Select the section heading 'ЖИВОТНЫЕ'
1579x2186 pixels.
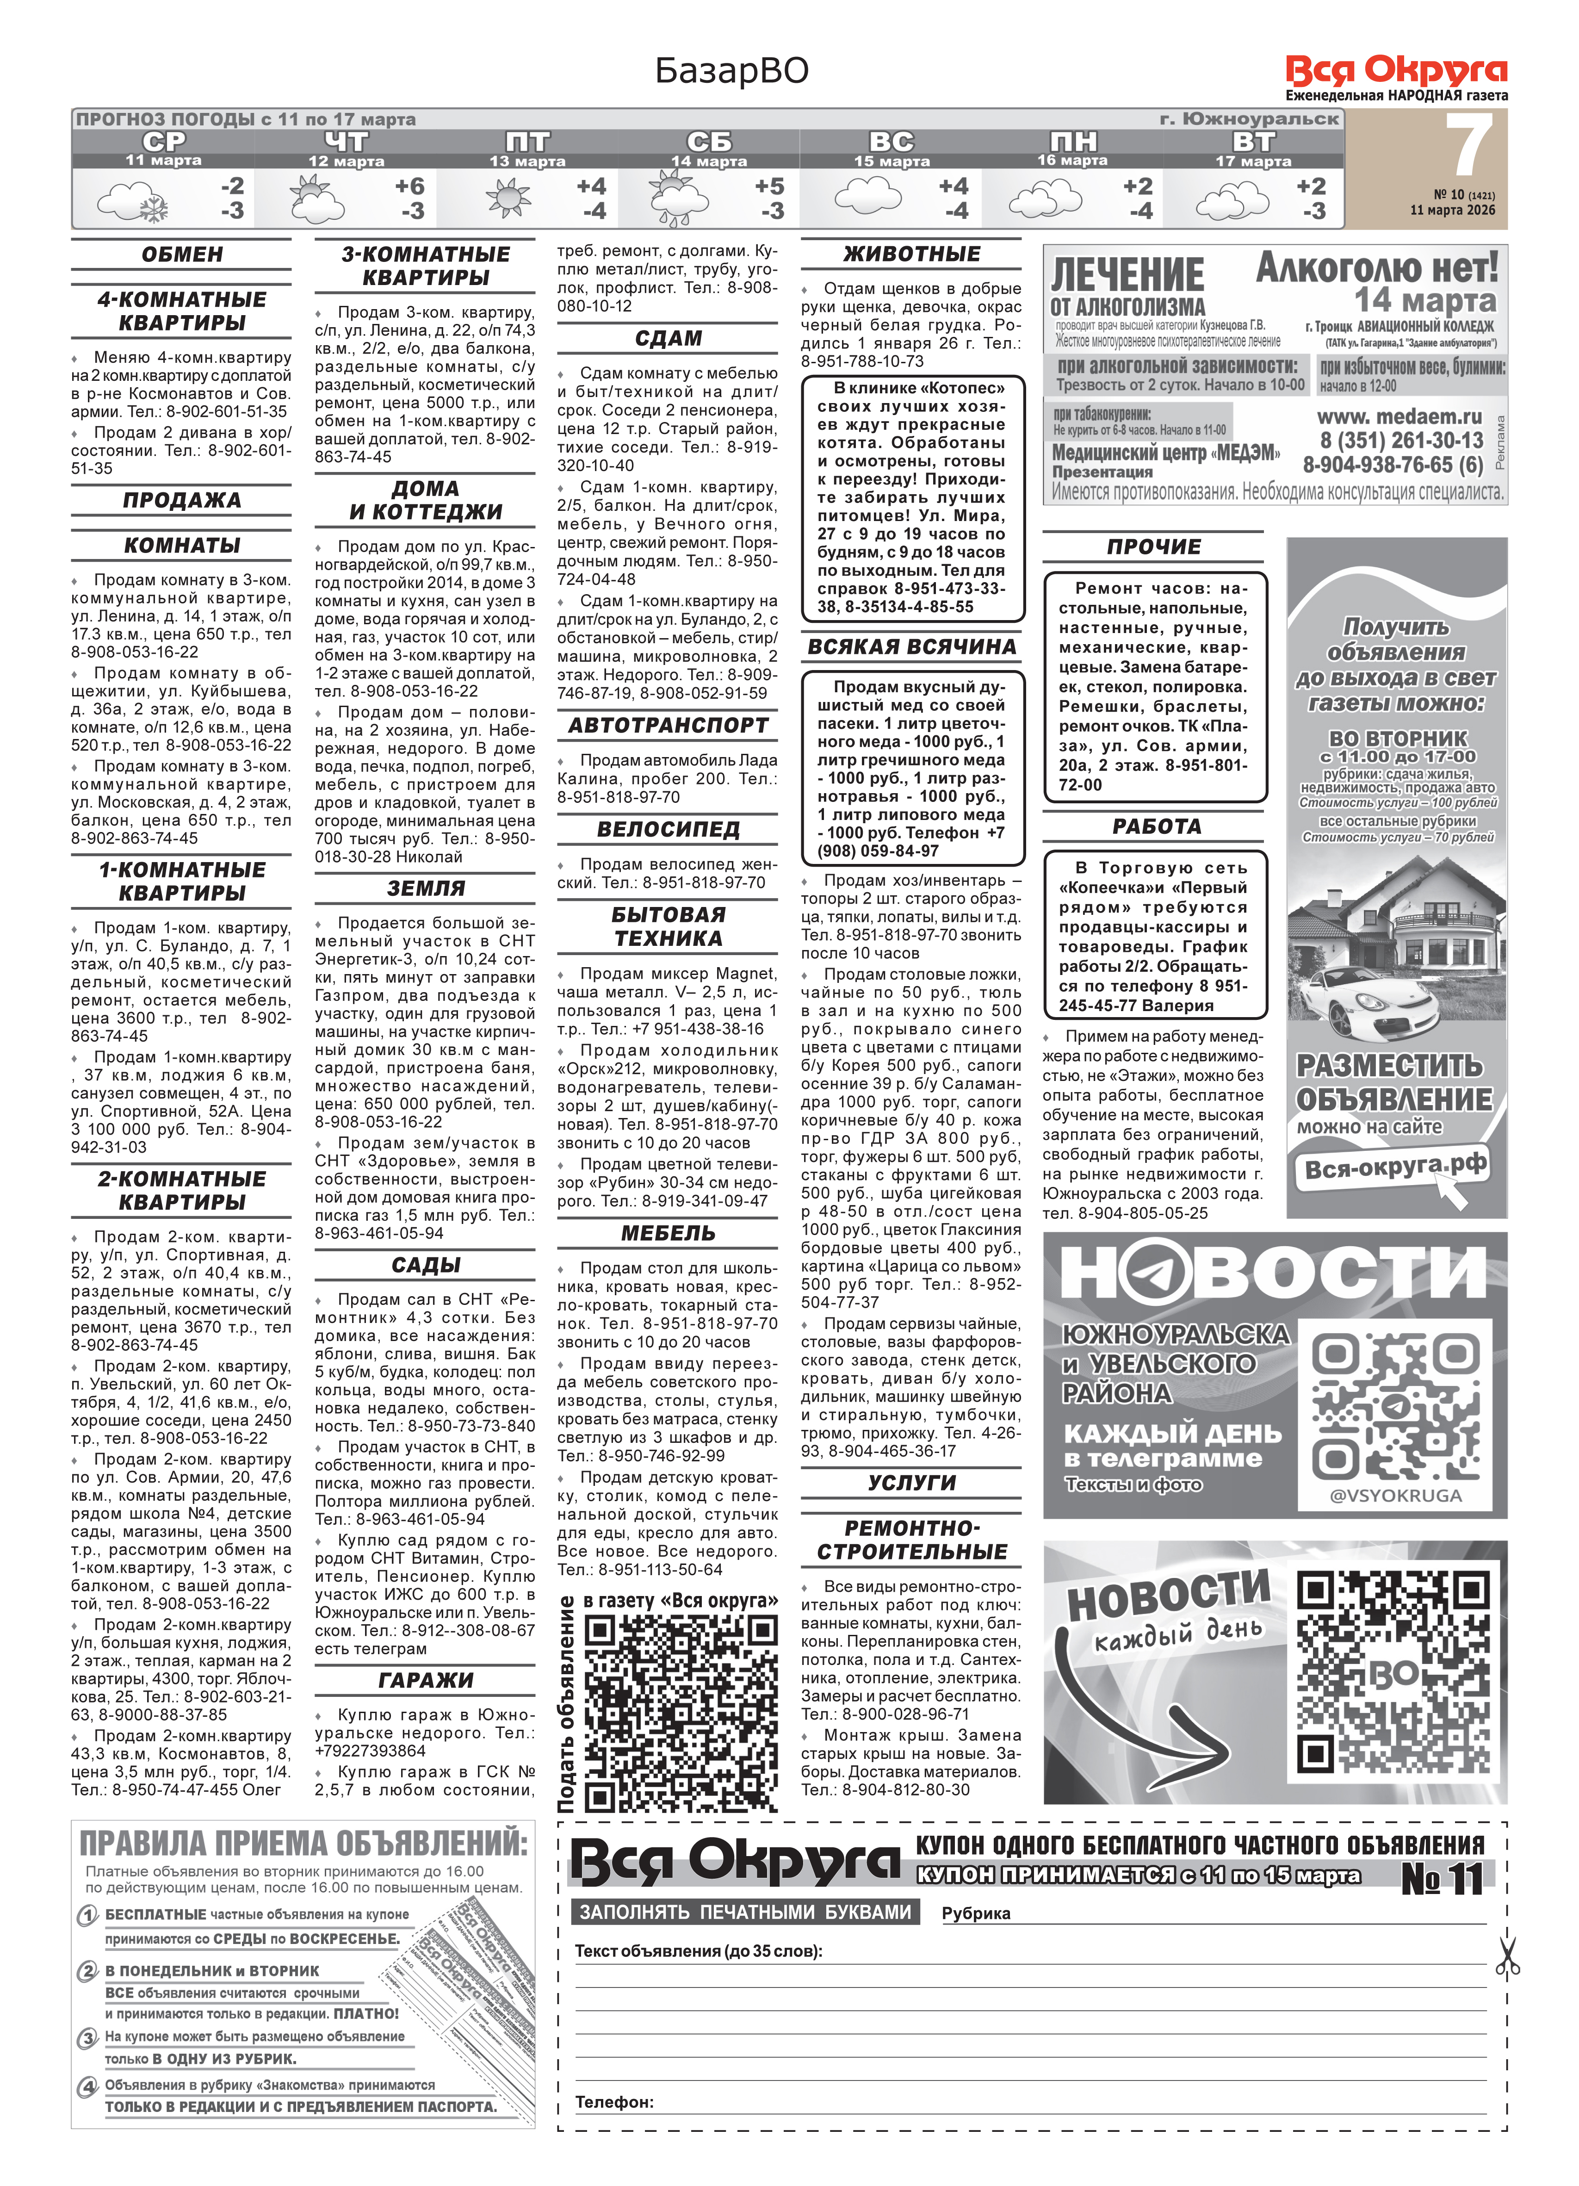point(911,255)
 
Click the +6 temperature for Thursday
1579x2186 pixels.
point(409,186)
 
